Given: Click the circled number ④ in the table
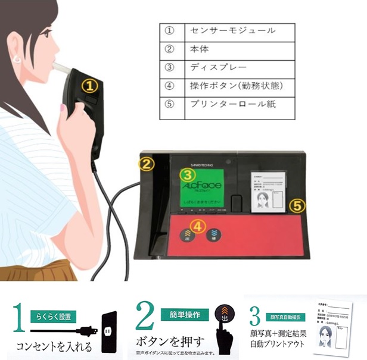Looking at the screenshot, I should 169,85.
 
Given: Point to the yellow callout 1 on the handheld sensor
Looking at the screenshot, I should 89,85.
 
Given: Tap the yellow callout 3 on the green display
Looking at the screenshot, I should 188,174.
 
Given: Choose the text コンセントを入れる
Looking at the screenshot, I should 55,346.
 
